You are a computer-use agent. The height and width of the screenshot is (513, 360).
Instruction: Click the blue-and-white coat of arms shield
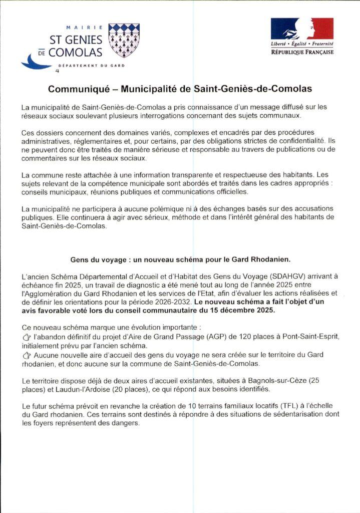pos(124,40)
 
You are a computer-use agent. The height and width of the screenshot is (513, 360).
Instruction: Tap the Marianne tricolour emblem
pos(302,29)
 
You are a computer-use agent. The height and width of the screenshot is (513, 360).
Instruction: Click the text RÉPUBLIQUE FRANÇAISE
pos(302,52)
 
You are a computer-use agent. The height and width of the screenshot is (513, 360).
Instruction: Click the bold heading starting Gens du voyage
pos(180,260)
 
